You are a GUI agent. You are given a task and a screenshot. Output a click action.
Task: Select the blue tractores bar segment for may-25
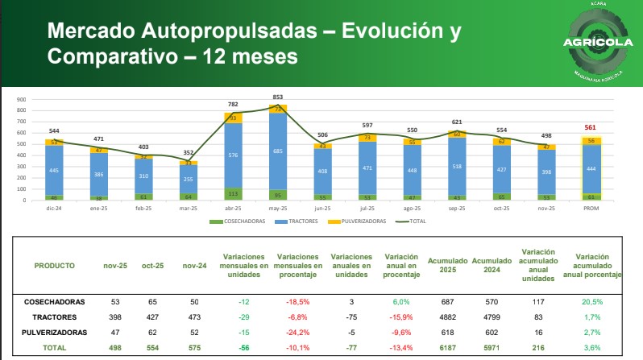tap(277, 151)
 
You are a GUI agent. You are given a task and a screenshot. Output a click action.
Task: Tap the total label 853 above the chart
tap(277, 97)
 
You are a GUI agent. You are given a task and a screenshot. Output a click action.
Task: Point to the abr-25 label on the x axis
tap(234, 208)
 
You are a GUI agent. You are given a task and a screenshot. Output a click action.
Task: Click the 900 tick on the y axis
tap(23, 101)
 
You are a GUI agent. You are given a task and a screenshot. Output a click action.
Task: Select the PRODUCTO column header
tap(55, 265)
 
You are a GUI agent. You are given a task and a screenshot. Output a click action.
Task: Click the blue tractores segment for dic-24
tap(54, 170)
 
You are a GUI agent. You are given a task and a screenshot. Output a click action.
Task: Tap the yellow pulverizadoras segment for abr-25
tap(234, 118)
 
